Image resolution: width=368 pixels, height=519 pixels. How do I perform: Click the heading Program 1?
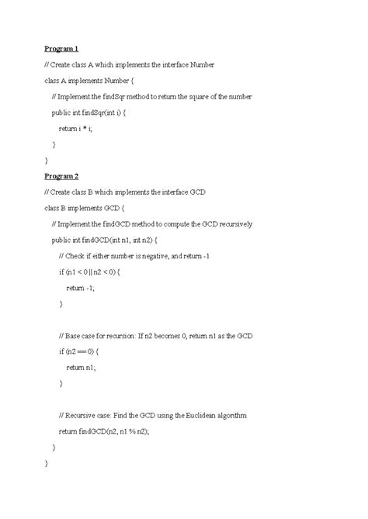pyautogui.click(x=62, y=48)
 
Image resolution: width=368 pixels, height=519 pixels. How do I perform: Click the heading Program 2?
pyautogui.click(x=62, y=176)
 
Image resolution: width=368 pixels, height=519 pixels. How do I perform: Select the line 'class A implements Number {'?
pyautogui.click(x=90, y=80)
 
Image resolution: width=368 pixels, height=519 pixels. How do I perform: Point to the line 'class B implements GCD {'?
pyautogui.click(x=85, y=208)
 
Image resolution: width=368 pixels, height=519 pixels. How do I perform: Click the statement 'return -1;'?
pyautogui.click(x=81, y=288)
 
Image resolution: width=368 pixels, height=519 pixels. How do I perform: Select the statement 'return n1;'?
pyautogui.click(x=81, y=368)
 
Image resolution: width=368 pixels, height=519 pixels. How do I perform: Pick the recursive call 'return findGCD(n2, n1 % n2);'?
pyautogui.click(x=115, y=432)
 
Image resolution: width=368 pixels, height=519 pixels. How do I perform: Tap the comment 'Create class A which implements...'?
pyautogui.click(x=129, y=64)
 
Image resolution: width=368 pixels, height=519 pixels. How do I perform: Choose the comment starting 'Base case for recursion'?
pyautogui.click(x=155, y=336)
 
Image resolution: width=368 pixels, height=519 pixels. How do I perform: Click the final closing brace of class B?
pyautogui.click(x=47, y=464)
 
